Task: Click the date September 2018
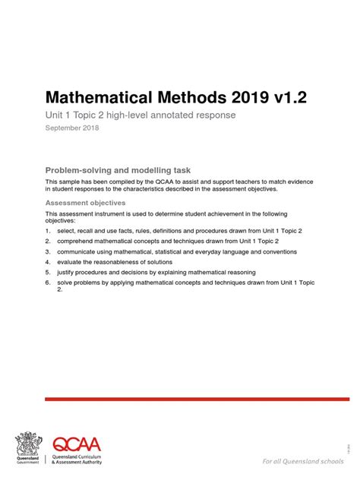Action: [x=74, y=128]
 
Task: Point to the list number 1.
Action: [x=48, y=230]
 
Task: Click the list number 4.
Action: [x=48, y=261]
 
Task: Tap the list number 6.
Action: [x=48, y=282]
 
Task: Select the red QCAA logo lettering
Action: [x=77, y=444]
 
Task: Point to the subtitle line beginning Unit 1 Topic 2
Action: [x=141, y=115]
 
